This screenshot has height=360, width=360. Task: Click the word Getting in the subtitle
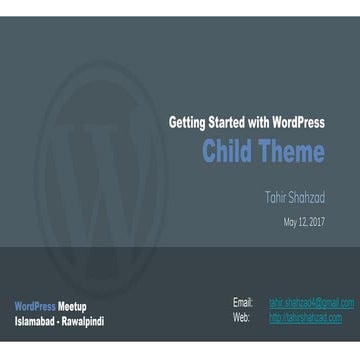[188, 123]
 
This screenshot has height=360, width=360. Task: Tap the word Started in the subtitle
[230, 123]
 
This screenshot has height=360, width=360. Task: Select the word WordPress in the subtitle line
[297, 123]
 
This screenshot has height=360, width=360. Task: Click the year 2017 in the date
[315, 222]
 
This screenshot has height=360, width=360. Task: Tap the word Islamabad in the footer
[36, 322]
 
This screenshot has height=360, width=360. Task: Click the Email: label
[243, 302]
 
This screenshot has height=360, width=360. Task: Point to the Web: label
[241, 317]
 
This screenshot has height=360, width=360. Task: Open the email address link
[311, 302]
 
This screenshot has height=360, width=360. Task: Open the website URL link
[305, 317]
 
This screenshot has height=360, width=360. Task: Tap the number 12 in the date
[303, 222]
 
